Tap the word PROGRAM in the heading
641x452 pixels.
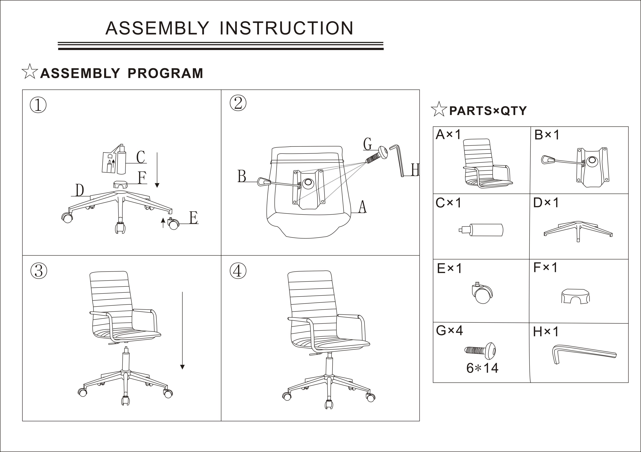click(165, 73)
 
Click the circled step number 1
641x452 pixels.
click(38, 105)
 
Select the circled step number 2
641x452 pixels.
click(238, 103)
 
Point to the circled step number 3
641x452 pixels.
click(39, 271)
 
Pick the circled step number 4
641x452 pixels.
click(238, 271)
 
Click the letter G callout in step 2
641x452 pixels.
click(367, 144)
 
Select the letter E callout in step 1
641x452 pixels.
click(193, 218)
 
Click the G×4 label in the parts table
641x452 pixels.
click(449, 330)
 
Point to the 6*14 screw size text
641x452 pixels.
click(482, 368)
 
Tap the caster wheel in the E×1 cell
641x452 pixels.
click(482, 293)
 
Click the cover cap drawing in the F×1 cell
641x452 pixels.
click(575, 296)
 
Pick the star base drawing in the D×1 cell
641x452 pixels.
click(578, 231)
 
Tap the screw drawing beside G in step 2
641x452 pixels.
click(377, 155)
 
